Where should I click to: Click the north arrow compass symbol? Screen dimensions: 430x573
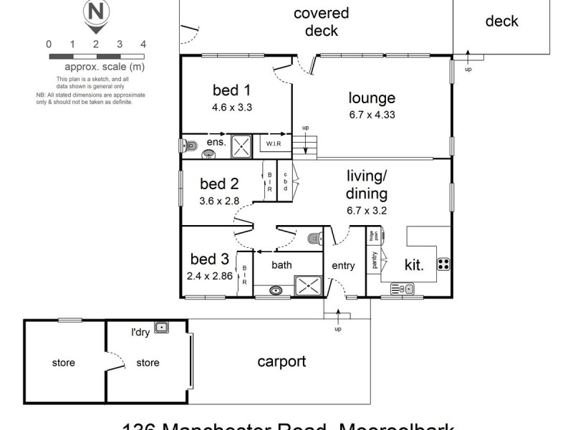(94, 16)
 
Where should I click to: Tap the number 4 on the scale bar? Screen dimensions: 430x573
(143, 44)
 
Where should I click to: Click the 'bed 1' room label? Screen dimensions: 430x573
(231, 90)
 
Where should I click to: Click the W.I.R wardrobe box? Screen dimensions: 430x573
(274, 144)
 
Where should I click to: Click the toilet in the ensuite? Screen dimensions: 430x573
(188, 145)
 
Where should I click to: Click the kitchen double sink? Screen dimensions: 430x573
(403, 289)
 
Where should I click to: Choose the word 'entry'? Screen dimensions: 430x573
(343, 266)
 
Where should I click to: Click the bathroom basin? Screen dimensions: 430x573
(276, 290)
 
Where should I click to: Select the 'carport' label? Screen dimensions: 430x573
(281, 362)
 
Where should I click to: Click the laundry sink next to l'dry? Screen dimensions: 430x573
(163, 328)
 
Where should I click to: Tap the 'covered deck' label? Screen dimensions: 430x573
(321, 21)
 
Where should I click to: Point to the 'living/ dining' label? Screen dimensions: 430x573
(367, 185)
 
